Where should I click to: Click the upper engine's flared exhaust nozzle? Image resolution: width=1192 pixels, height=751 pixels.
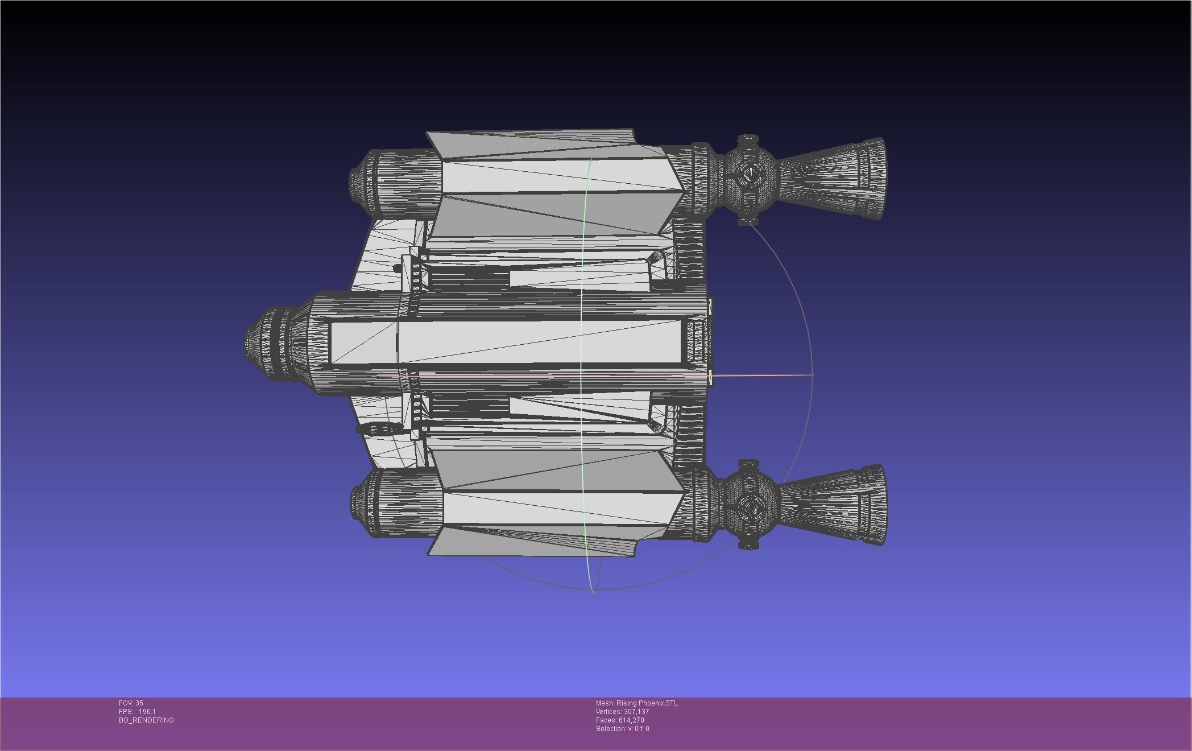coord(836,178)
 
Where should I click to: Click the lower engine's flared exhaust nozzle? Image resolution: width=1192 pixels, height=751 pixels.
coord(836,505)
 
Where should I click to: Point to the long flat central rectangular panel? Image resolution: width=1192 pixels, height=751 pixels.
coord(506,342)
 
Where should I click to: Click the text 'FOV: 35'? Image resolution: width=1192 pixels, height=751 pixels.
coord(131,703)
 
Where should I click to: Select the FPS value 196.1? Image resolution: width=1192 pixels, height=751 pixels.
coord(147,712)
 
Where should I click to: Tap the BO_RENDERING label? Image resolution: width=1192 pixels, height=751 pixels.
coord(146,720)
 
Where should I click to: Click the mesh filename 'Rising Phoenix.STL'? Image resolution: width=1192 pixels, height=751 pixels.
coord(647,703)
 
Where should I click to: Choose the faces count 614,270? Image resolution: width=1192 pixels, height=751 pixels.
coord(630,720)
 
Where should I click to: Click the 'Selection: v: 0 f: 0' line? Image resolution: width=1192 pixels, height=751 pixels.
coord(622,729)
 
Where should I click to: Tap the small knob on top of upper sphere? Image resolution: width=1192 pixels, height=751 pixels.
coord(748,138)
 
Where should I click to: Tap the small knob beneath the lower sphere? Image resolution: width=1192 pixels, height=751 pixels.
coord(748,546)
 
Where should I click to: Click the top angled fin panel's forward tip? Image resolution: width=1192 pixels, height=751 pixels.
coord(430,134)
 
